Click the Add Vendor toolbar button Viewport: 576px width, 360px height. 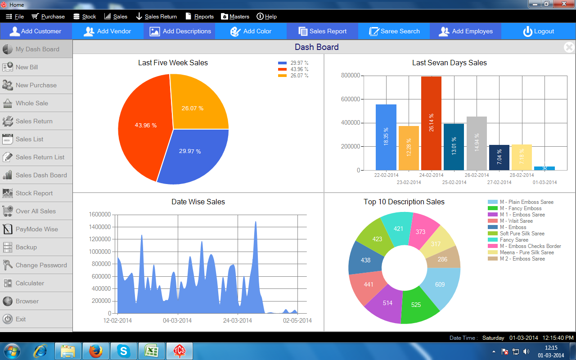(108, 31)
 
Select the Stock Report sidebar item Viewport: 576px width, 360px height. (34, 193)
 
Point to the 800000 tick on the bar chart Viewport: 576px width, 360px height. (351, 76)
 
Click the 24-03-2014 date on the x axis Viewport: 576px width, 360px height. (238, 320)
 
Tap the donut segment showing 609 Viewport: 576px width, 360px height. (440, 284)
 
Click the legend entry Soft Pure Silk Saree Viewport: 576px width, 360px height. (522, 234)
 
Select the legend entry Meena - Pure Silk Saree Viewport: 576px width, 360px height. (527, 252)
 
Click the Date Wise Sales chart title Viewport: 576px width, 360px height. (198, 202)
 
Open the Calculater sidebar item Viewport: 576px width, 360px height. (30, 283)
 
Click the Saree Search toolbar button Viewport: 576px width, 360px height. (394, 31)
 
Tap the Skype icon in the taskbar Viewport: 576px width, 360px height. (123, 351)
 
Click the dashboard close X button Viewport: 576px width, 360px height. (569, 47)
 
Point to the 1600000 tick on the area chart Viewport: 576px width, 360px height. (100, 214)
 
